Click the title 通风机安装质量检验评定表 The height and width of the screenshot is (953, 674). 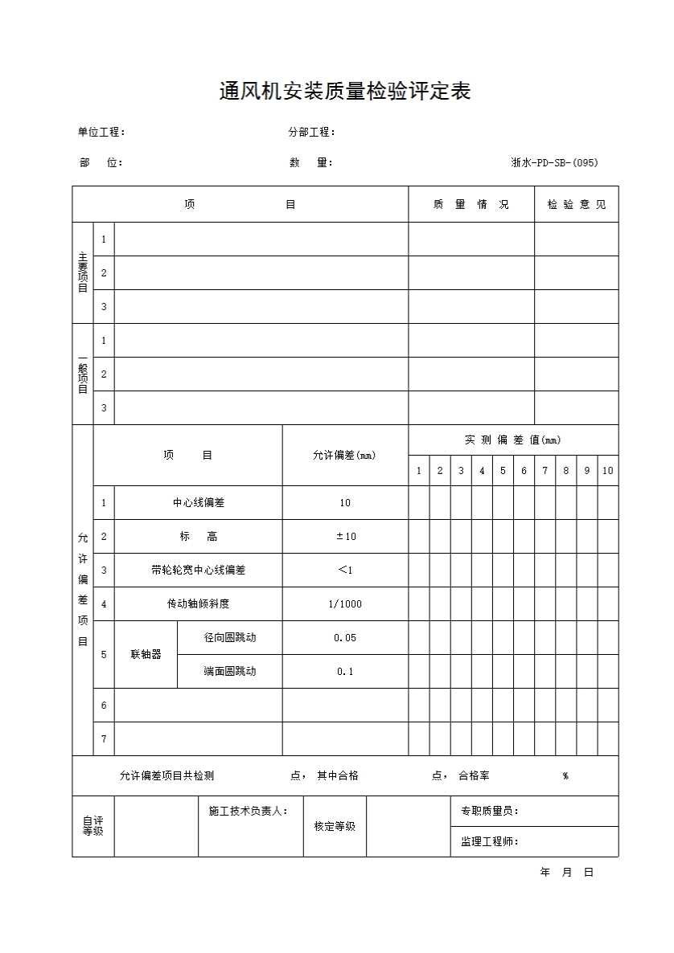(x=344, y=92)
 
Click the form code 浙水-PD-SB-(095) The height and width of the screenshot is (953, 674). (x=554, y=162)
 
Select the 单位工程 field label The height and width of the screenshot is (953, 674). (x=101, y=133)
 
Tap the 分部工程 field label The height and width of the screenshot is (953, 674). (x=311, y=133)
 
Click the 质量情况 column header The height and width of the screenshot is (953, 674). (x=471, y=205)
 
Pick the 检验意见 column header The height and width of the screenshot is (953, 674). (x=577, y=205)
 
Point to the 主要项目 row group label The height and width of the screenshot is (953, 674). (x=83, y=272)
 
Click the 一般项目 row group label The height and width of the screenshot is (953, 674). (x=83, y=374)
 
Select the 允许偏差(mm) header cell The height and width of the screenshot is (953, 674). (x=344, y=456)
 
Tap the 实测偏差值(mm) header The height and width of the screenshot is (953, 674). (x=512, y=440)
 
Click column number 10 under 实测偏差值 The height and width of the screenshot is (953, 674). (x=607, y=471)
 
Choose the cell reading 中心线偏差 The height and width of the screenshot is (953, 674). (x=198, y=503)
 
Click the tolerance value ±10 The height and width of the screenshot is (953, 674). (x=345, y=537)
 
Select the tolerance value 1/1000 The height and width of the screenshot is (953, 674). (x=345, y=604)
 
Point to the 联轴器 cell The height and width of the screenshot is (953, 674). (x=146, y=655)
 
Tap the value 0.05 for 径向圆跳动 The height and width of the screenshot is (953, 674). (x=345, y=638)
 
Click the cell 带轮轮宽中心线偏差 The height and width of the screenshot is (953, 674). (x=198, y=571)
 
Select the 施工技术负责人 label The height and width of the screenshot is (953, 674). (x=248, y=812)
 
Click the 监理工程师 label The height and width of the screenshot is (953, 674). (x=489, y=842)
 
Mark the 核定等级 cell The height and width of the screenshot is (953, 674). (x=335, y=827)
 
